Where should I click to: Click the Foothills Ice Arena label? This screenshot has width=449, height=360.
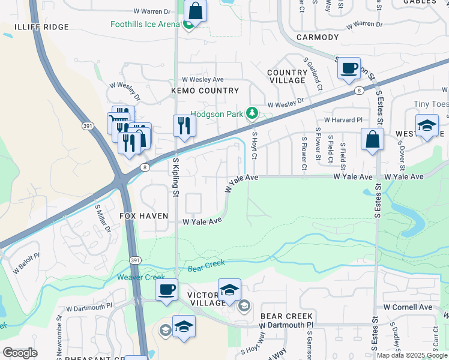pyautogui.click(x=145, y=24)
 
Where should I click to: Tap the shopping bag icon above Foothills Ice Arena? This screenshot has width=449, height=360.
pyautogui.click(x=195, y=10)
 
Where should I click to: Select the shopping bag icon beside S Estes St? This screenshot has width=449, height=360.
pyautogui.click(x=373, y=140)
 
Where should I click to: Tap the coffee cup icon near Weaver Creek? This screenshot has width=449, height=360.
pyautogui.click(x=166, y=289)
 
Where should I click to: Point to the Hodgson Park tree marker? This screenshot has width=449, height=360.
pyautogui.click(x=253, y=113)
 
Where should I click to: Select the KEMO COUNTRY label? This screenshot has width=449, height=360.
pyautogui.click(x=205, y=91)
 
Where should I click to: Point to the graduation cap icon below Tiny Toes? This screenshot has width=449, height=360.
pyautogui.click(x=427, y=126)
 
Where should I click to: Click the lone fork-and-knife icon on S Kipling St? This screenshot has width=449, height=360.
pyautogui.click(x=184, y=126)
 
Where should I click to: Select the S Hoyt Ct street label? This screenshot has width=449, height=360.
pyautogui.click(x=255, y=146)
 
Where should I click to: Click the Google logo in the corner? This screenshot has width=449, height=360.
pyautogui.click(x=19, y=352)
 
